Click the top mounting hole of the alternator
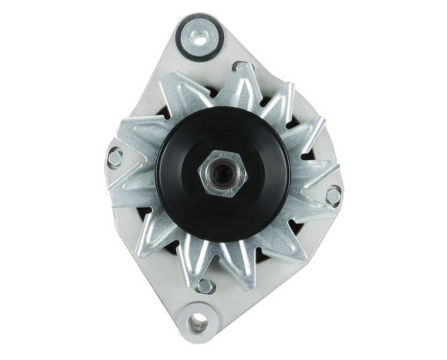coord(199,39)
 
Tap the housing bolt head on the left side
coord(115,158)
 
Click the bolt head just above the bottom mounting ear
coord(203,285)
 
